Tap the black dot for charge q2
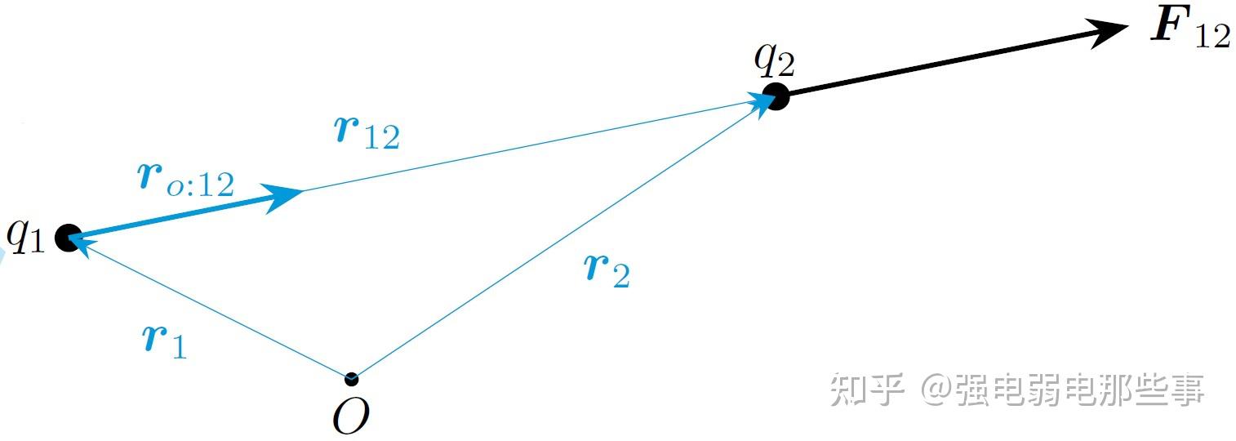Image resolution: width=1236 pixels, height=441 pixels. point(776,96)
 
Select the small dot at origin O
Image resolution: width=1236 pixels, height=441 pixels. point(351,379)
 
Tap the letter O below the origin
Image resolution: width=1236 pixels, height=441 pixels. point(351,416)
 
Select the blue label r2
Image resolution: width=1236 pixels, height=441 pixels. point(608,269)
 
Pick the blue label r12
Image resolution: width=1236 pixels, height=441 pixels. point(367,132)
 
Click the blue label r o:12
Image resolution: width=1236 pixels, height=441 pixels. point(186,180)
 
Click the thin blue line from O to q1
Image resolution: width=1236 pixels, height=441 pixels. point(212,310)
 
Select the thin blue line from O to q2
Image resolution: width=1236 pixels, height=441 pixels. point(563,237)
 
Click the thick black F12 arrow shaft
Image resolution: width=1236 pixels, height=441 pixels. point(939,64)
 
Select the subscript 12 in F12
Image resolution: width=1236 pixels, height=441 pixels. point(1212,37)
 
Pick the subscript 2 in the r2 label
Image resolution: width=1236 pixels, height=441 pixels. point(620,278)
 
